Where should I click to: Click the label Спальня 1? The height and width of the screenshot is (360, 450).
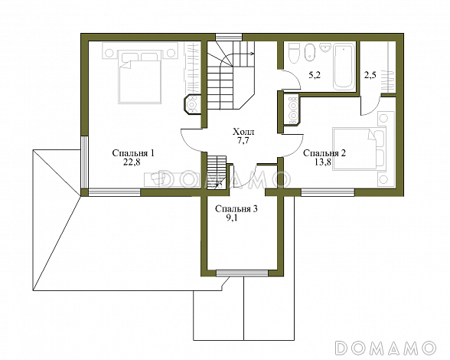(x=133, y=153)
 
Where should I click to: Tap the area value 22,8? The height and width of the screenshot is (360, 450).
(x=132, y=162)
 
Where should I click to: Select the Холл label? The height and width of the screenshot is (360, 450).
(x=243, y=133)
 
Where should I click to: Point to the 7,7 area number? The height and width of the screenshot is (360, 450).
(x=243, y=141)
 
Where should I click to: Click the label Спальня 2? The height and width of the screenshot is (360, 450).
(x=324, y=153)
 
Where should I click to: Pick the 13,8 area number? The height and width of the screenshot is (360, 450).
(x=323, y=162)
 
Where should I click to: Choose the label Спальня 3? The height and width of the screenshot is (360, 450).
(x=236, y=209)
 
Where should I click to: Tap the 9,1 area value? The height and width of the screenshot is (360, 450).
(x=233, y=218)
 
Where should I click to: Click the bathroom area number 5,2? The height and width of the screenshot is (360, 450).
(x=315, y=76)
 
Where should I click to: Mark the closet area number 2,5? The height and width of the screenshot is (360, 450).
(x=370, y=77)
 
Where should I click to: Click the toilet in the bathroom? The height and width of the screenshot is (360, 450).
(x=294, y=53)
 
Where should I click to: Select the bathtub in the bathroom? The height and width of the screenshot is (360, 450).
(x=343, y=66)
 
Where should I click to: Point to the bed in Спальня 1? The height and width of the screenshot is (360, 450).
(x=139, y=77)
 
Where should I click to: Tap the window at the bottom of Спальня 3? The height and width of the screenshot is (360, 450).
(x=242, y=273)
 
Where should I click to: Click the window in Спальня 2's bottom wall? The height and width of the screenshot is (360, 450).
(x=328, y=192)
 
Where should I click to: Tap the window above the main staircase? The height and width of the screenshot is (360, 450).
(x=229, y=38)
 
